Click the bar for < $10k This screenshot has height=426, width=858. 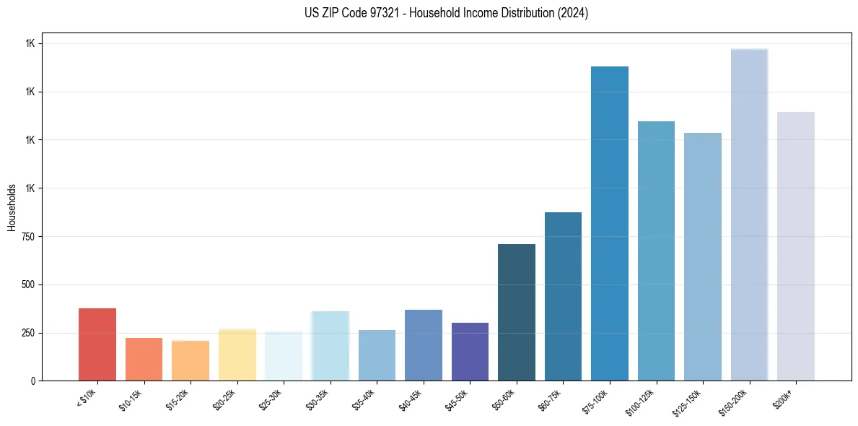pyautogui.click(x=97, y=344)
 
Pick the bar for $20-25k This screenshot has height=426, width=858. pyautogui.click(x=237, y=355)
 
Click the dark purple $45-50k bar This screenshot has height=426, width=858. pyautogui.click(x=470, y=352)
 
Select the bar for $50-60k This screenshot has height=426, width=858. pyautogui.click(x=517, y=312)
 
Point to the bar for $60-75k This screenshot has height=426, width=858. pyautogui.click(x=563, y=296)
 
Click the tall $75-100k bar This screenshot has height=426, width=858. pyautogui.click(x=610, y=223)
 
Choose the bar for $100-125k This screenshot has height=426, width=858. pyautogui.click(x=656, y=251)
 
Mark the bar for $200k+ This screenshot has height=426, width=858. pyautogui.click(x=796, y=246)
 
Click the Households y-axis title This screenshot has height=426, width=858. pyautogui.click(x=12, y=207)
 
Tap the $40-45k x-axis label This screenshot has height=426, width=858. pyautogui.click(x=411, y=400)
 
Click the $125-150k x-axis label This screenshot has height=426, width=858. pyautogui.click(x=689, y=401)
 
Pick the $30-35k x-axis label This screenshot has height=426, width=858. pyautogui.click(x=318, y=400)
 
